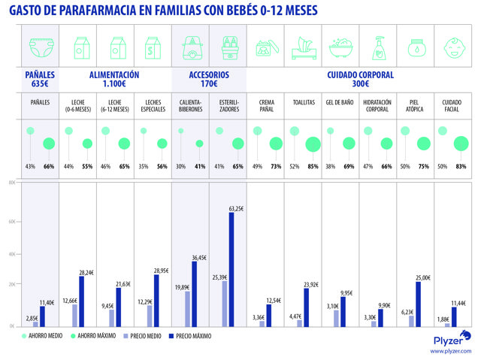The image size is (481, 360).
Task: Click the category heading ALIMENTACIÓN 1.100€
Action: tap(114, 80)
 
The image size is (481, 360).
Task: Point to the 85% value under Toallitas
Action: tap(313, 166)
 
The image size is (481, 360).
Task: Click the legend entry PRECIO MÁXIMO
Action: tap(194, 336)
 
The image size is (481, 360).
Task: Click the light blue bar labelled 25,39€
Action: tap(224, 304)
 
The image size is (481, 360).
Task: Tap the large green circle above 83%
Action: tap(460, 143)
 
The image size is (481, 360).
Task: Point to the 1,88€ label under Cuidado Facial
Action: tap(446, 318)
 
